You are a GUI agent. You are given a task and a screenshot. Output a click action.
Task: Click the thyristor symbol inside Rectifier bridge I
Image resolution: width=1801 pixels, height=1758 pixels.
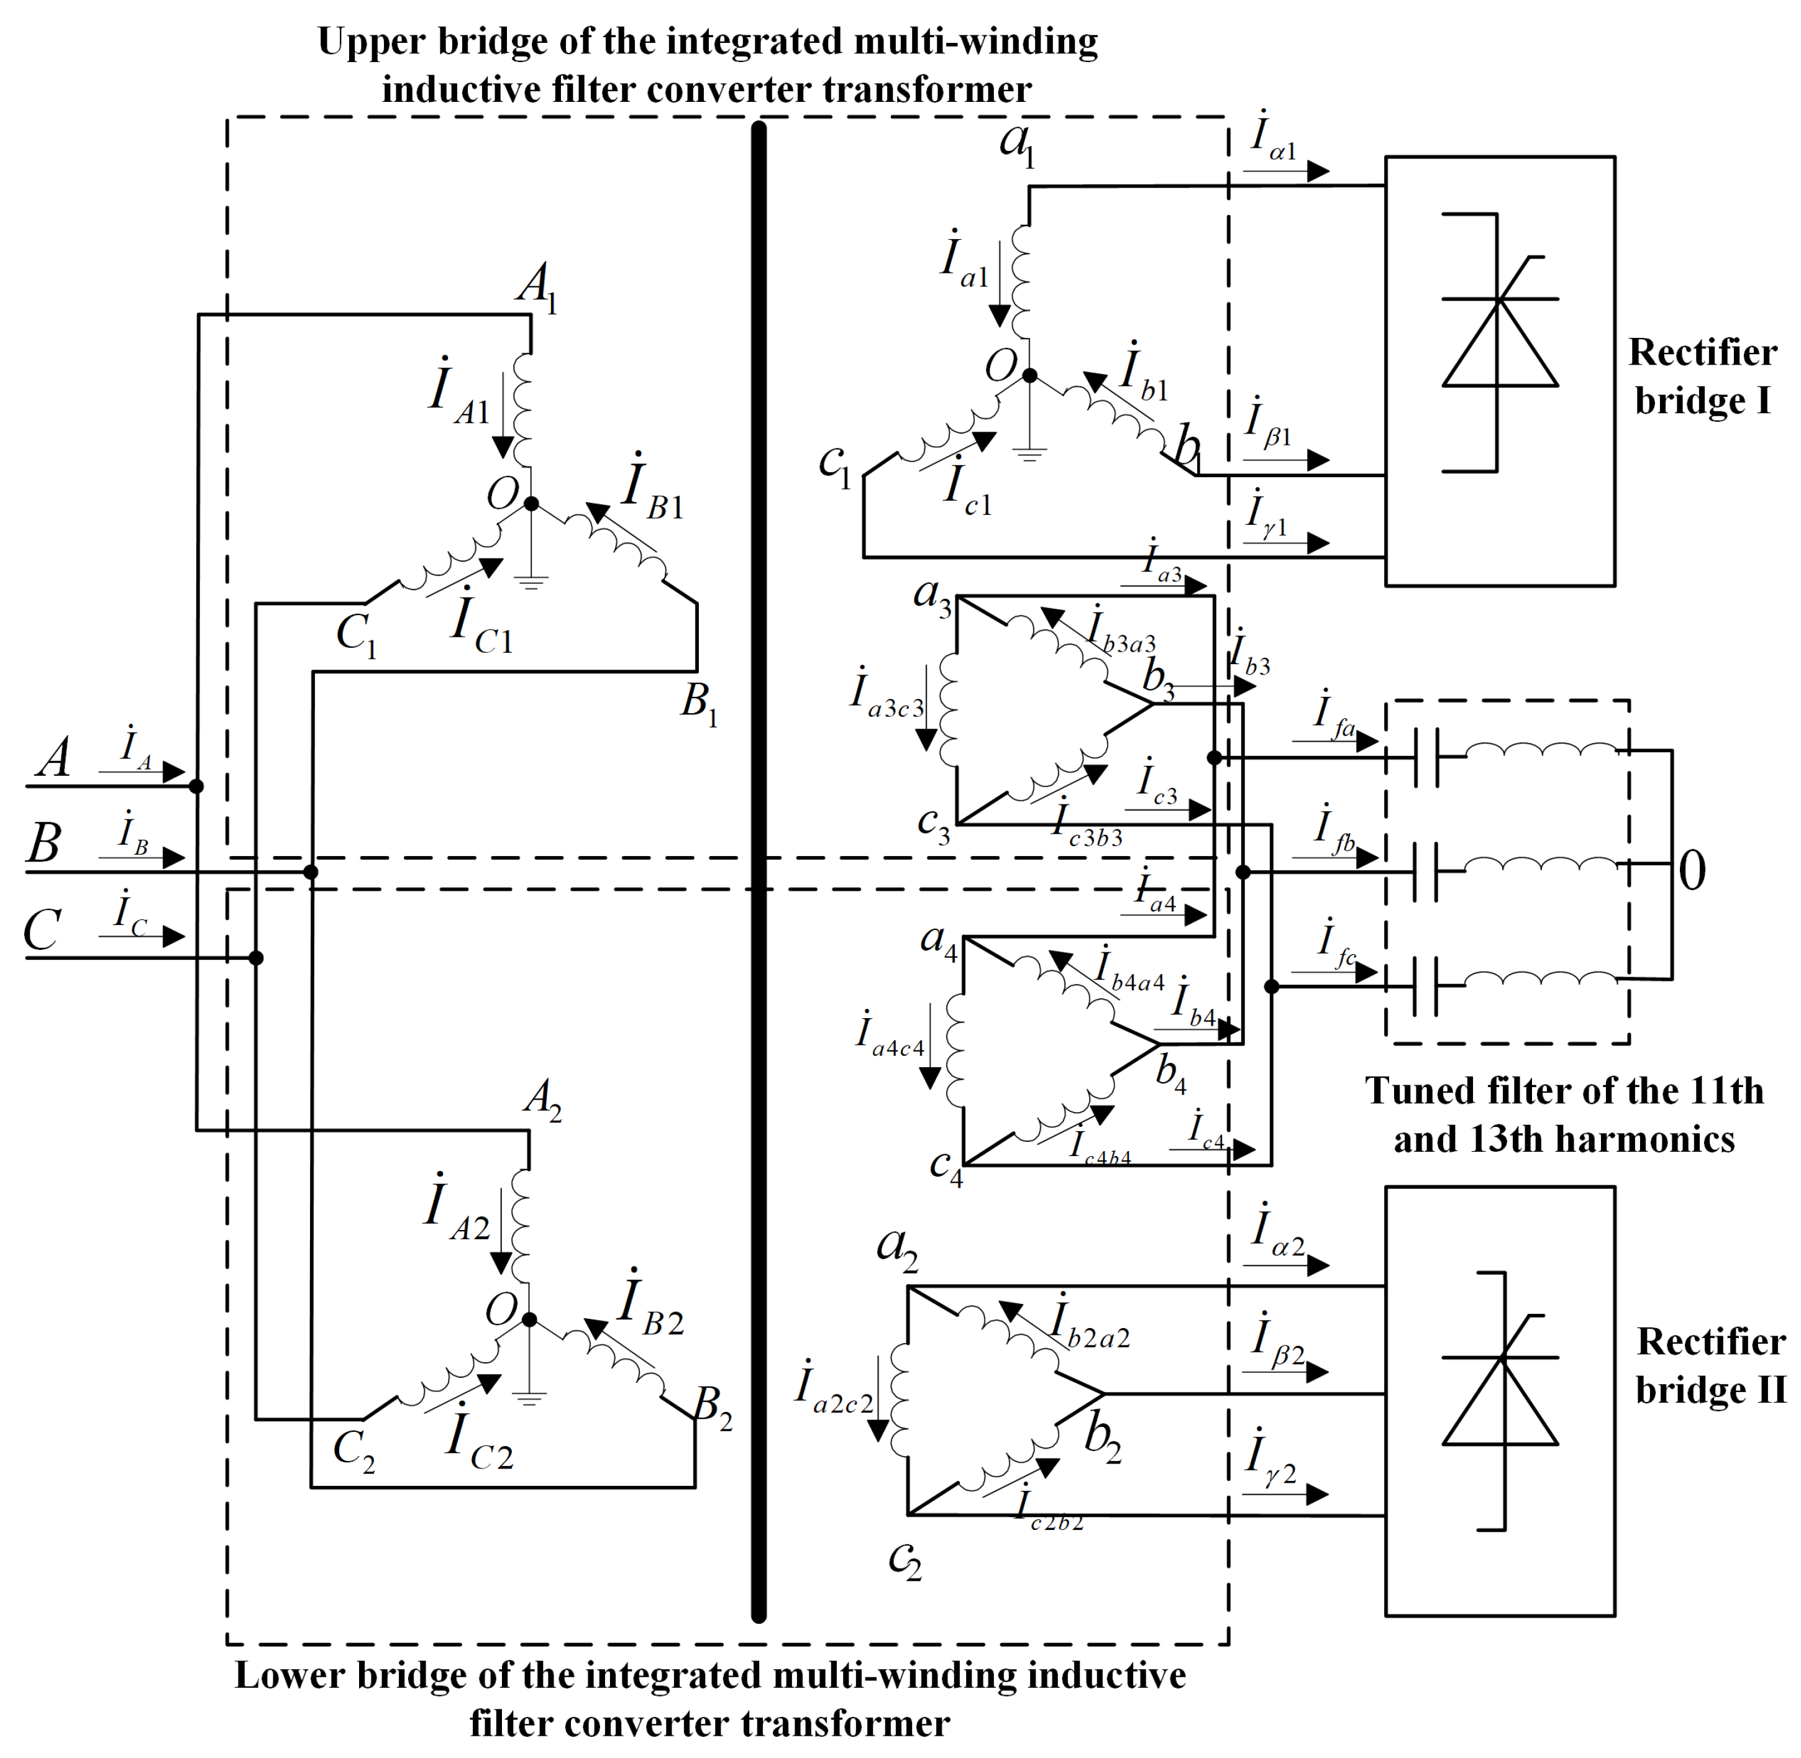click(1499, 342)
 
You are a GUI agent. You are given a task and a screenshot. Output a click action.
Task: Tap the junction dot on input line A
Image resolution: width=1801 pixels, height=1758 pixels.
click(196, 786)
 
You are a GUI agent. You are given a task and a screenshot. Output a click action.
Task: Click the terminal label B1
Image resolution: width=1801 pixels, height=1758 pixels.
click(699, 704)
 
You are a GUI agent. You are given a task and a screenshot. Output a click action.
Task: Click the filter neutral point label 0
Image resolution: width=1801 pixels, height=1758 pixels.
click(1691, 871)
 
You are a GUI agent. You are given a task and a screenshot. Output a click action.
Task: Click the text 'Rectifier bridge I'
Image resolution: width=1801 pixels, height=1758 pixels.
click(1701, 376)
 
